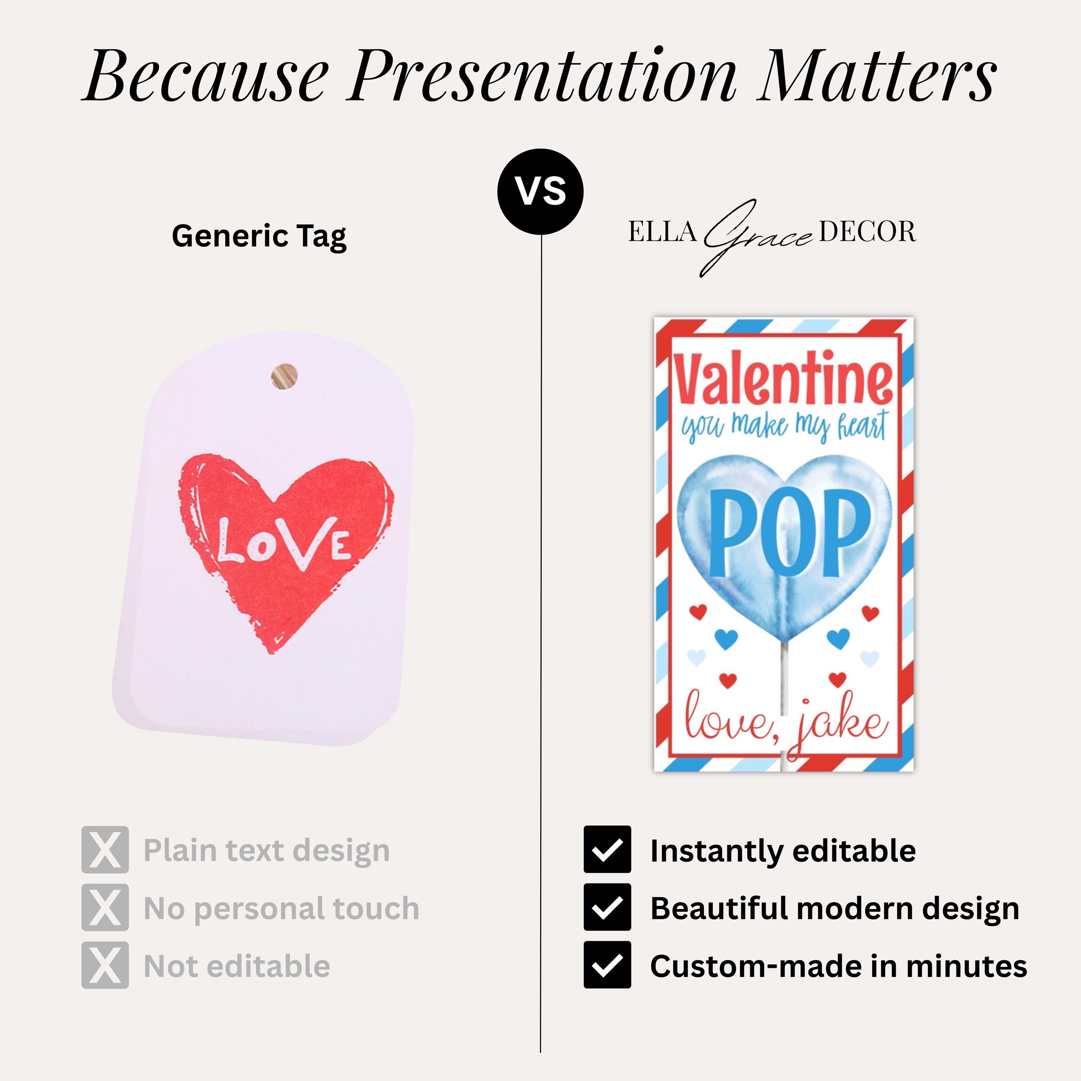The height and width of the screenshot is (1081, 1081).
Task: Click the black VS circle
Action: [540, 191]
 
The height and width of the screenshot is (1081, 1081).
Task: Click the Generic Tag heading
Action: [259, 236]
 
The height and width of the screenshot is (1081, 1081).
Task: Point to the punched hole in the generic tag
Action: [284, 376]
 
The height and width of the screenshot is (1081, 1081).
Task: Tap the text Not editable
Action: [237, 966]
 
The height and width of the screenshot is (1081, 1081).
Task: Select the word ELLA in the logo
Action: [662, 232]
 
